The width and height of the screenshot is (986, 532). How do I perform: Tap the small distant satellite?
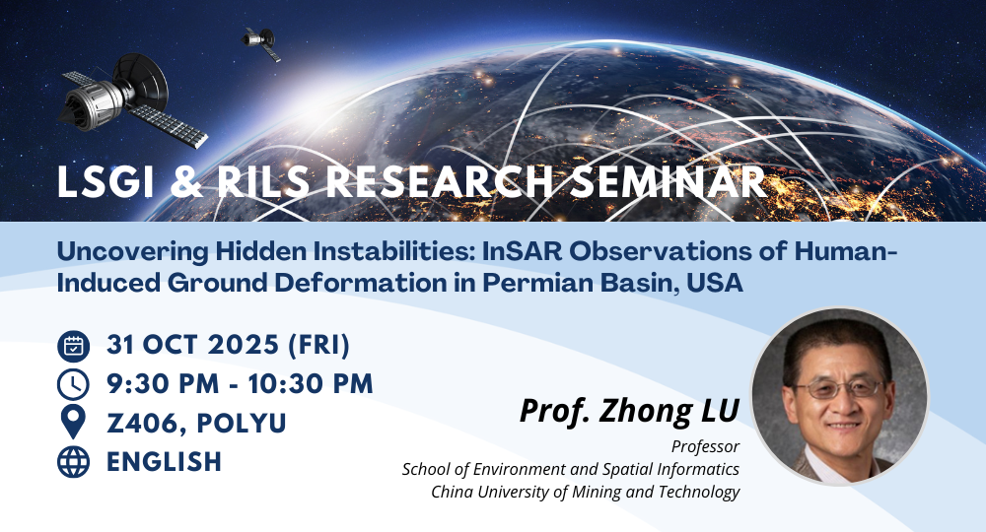coord(261,41)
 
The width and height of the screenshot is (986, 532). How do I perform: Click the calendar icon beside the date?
coord(74,346)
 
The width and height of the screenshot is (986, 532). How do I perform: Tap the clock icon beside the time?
coord(74,384)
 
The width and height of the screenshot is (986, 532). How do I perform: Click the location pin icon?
coord(74,423)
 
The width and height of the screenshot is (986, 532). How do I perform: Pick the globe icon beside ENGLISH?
coord(74,461)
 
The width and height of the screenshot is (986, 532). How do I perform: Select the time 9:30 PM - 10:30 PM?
coord(240,384)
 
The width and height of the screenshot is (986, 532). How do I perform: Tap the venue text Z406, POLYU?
coord(196,423)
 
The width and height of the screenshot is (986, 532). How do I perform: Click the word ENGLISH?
coord(164,461)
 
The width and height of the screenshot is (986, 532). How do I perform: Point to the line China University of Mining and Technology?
coord(585,492)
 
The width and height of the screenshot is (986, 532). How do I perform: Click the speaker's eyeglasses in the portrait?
coord(838,388)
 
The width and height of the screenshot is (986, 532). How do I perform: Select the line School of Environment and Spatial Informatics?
coord(571,469)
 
